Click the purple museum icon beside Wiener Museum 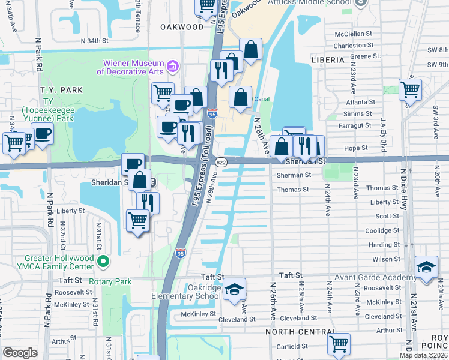pos(173,65)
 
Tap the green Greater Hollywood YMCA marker pos(103,261)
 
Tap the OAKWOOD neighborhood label pos(182,27)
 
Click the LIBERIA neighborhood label pos(328,60)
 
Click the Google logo pos(20,353)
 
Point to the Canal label pos(262,99)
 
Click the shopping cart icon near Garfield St pos(339,344)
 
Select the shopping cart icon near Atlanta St pos(410,89)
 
